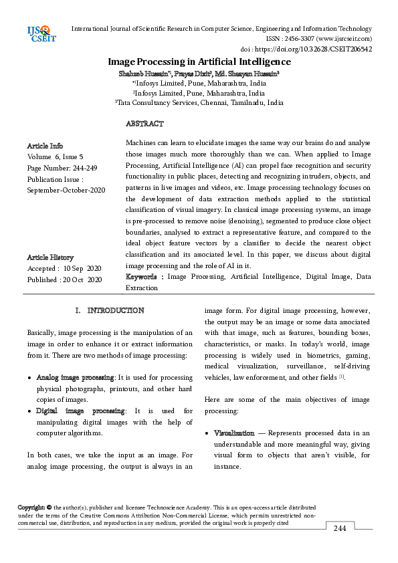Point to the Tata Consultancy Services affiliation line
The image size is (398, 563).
[199, 103]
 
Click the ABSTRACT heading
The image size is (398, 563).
[144, 124]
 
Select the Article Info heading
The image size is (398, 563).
[45, 145]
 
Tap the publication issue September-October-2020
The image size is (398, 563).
[66, 191]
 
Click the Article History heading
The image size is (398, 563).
[50, 257]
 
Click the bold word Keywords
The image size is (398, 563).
[142, 276]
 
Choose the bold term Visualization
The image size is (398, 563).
[233, 434]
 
